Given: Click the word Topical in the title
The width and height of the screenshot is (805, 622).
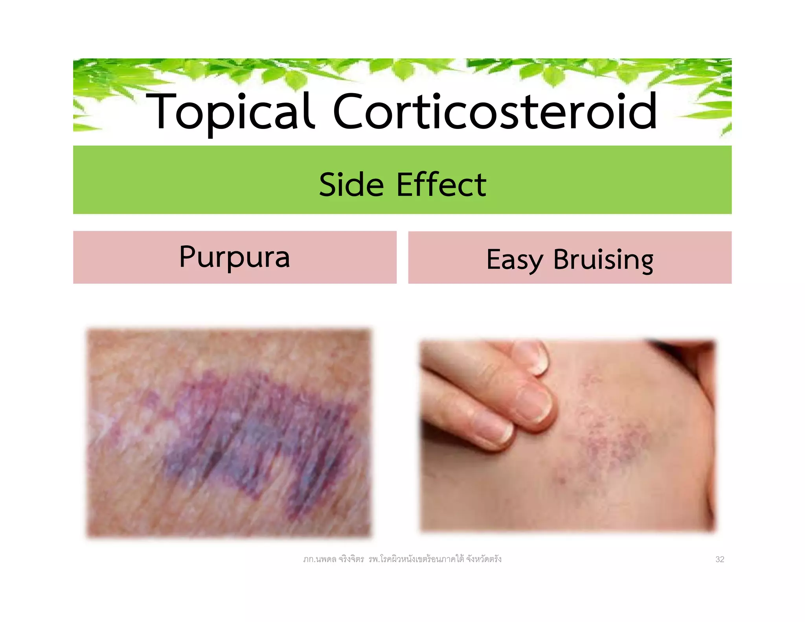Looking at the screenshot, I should [230, 112].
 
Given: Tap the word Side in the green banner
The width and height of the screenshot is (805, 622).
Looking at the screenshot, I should [351, 184].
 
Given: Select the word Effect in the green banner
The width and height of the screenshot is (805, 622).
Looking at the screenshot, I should [441, 184].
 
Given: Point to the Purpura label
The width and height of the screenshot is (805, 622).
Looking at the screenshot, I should [234, 257].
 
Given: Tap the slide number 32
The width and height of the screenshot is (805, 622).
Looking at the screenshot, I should [719, 559].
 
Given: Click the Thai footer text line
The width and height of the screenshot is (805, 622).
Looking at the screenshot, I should [402, 559].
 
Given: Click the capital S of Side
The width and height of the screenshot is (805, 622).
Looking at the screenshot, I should [329, 184].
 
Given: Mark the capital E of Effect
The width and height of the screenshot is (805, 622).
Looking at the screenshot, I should [405, 184].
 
